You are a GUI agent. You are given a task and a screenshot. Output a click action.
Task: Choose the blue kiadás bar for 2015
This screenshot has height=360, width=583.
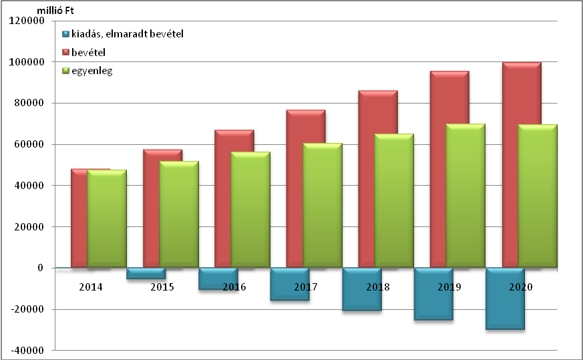coord(146,273)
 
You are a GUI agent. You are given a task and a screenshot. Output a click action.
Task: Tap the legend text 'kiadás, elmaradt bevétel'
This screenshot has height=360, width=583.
coord(127,33)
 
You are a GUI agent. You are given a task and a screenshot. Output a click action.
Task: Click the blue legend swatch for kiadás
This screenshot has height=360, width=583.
coord(65,33)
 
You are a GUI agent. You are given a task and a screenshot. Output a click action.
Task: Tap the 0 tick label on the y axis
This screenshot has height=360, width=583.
coord(40,268)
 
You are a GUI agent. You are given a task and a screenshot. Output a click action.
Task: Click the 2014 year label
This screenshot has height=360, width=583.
coord(90,287)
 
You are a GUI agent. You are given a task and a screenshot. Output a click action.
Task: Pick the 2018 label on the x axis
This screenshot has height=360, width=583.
coord(377,287)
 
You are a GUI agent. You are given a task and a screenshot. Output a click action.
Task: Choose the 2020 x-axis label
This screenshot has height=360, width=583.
coord(521,287)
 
